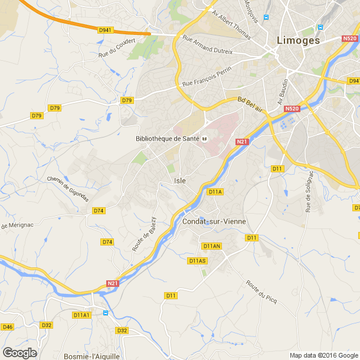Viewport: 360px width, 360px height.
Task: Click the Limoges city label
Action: pyautogui.click(x=299, y=41)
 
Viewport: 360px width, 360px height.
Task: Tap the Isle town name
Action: pyautogui.click(x=181, y=181)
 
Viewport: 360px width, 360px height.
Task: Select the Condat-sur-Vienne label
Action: pyautogui.click(x=214, y=221)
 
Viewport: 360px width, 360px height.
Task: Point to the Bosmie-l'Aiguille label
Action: pyautogui.click(x=91, y=356)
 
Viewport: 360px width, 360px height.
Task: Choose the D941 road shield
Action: pyautogui.click(x=105, y=30)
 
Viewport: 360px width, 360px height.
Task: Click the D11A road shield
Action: pyautogui.click(x=215, y=192)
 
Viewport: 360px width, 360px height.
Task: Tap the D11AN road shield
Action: pyautogui.click(x=211, y=246)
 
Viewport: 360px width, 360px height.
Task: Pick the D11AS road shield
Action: pyautogui.click(x=198, y=260)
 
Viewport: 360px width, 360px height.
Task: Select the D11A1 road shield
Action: pyautogui.click(x=82, y=315)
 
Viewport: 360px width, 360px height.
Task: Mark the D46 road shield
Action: pyautogui.click(x=7, y=326)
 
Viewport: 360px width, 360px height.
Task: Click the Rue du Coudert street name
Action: pyautogui.click(x=117, y=48)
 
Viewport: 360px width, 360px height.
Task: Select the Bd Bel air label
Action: pyautogui.click(x=250, y=105)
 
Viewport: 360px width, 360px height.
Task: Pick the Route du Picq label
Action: pyautogui.click(x=261, y=290)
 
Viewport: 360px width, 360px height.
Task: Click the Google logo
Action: pyautogui.click(x=19, y=352)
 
